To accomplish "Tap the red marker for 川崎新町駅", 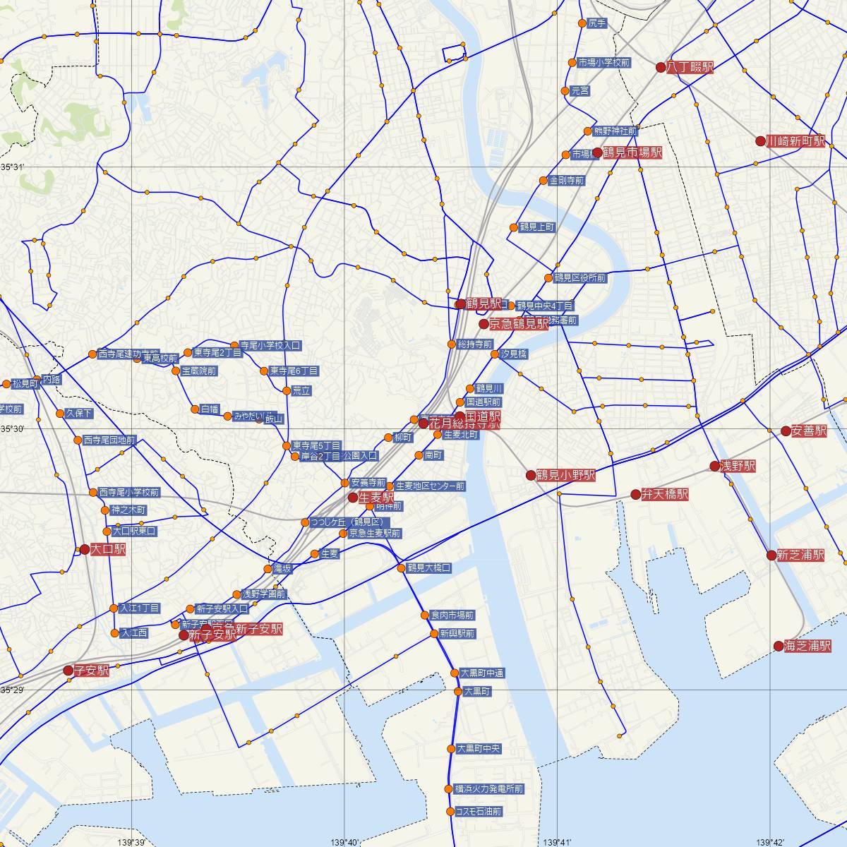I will point(760,141).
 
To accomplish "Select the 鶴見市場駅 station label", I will point(632,152).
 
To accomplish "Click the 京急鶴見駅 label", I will point(519,324).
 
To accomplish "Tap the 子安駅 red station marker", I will point(68,671).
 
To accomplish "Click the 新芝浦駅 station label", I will point(800,555).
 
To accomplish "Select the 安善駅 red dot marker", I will point(786,431).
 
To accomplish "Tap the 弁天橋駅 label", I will point(665,494).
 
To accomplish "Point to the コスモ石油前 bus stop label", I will point(479,812).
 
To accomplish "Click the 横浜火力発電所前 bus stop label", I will point(489,788).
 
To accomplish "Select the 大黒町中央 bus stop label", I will point(479,748).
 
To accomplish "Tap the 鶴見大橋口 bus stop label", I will point(428,567).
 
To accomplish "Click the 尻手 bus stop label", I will point(597,23).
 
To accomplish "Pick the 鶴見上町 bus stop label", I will point(537,227).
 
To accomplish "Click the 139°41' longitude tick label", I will point(558,841).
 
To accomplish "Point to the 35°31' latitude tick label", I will point(12,167).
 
